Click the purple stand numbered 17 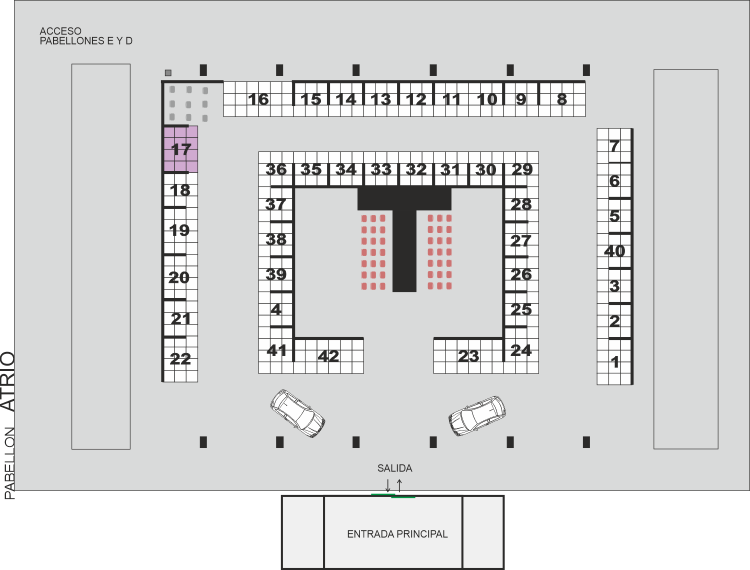tap(181, 149)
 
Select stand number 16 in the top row tap(258, 99)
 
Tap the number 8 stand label tap(561, 99)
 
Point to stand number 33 tap(381, 169)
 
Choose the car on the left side tap(297, 413)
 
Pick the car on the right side tap(477, 416)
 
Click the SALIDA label tap(394, 468)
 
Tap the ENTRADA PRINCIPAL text tap(397, 534)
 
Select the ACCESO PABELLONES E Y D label tap(86, 36)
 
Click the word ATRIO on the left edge tap(8, 381)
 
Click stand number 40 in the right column tap(614, 251)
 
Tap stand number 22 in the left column tap(180, 359)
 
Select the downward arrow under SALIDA tap(388, 485)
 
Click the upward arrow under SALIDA tap(399, 485)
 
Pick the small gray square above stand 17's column tap(168, 72)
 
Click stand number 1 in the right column tap(614, 361)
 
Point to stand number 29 tap(522, 169)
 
